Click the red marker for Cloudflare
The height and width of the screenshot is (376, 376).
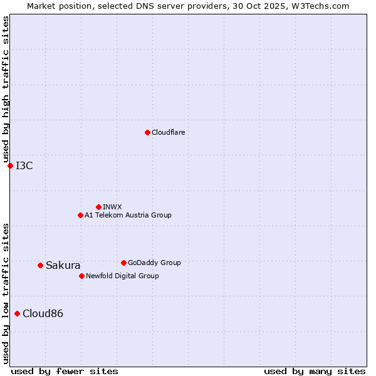pyautogui.click(x=147, y=132)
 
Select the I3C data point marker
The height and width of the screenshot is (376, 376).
pyautogui.click(x=10, y=165)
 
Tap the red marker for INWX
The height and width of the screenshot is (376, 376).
pyautogui.click(x=98, y=207)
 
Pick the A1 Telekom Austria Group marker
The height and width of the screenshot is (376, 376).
pyautogui.click(x=80, y=215)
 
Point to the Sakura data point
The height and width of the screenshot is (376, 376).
pyautogui.click(x=40, y=265)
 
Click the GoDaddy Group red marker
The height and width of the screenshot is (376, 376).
pyautogui.click(x=123, y=263)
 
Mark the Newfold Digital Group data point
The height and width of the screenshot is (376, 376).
pyautogui.click(x=81, y=276)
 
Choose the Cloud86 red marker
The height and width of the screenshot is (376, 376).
pyautogui.click(x=17, y=313)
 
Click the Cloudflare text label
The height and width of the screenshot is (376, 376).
pyautogui.click(x=168, y=132)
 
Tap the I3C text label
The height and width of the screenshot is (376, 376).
pyautogui.click(x=24, y=165)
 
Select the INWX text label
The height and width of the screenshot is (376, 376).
pyautogui.click(x=112, y=207)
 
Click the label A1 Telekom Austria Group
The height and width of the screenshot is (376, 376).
pyautogui.click(x=128, y=215)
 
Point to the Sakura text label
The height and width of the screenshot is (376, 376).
pyautogui.click(x=63, y=265)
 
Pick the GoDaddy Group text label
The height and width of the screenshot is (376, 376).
pyautogui.click(x=154, y=263)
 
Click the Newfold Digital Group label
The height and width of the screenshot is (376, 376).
pyautogui.click(x=122, y=276)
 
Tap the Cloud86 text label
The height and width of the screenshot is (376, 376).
pyautogui.click(x=43, y=313)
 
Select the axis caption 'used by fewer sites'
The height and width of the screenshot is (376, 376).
pyautogui.click(x=65, y=371)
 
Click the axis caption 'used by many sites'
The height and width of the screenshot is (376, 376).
pyautogui.click(x=315, y=371)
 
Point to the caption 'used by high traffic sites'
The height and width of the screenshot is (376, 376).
pyautogui.click(x=6, y=90)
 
